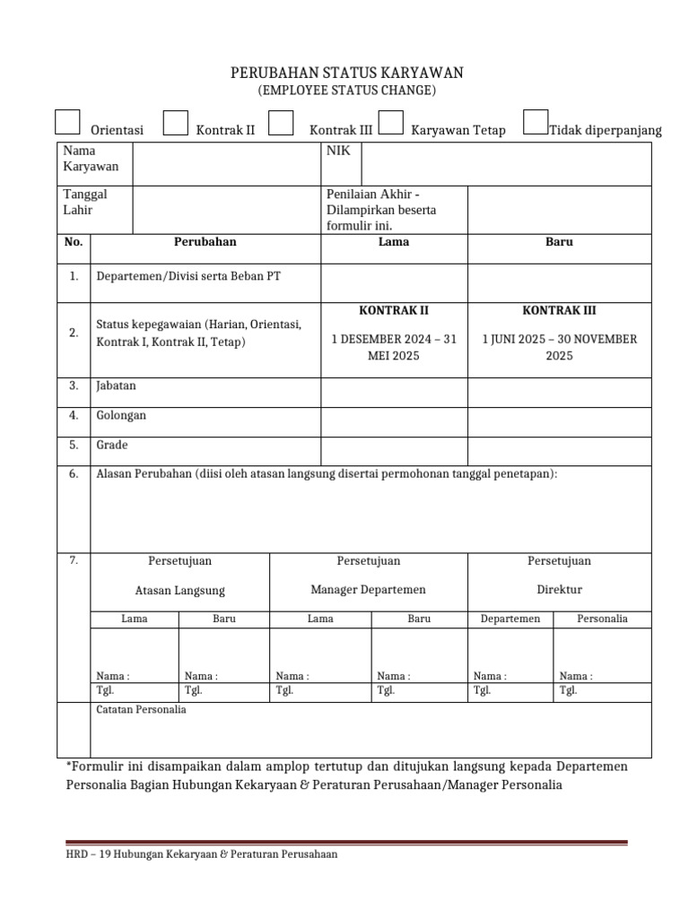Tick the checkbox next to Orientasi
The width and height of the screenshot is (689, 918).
pos(67,123)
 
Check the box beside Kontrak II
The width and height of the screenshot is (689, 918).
pos(176,123)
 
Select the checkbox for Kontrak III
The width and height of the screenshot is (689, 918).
pos(281,123)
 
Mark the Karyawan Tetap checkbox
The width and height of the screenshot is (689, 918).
pos(390,123)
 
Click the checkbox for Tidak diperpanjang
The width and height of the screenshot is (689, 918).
pos(536,123)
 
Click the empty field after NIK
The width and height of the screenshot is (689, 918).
pos(505,163)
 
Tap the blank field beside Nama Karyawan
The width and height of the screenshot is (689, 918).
pos(226,163)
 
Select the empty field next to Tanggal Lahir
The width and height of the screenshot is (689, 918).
pos(226,210)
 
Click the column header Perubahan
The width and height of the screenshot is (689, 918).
pos(205,242)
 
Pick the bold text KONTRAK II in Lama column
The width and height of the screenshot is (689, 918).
pos(394,311)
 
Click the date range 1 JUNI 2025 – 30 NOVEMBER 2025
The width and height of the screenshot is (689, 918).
pos(559,347)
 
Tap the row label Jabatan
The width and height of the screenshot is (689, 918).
pos(116,386)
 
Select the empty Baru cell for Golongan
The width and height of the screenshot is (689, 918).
pos(559,421)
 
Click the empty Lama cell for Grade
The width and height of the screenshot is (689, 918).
pos(394,451)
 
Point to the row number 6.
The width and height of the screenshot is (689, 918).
pos(74,474)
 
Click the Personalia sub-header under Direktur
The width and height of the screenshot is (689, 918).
pos(602,619)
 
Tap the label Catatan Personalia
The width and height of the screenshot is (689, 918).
pos(141,710)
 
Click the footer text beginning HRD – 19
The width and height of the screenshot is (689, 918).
pos(203,854)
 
